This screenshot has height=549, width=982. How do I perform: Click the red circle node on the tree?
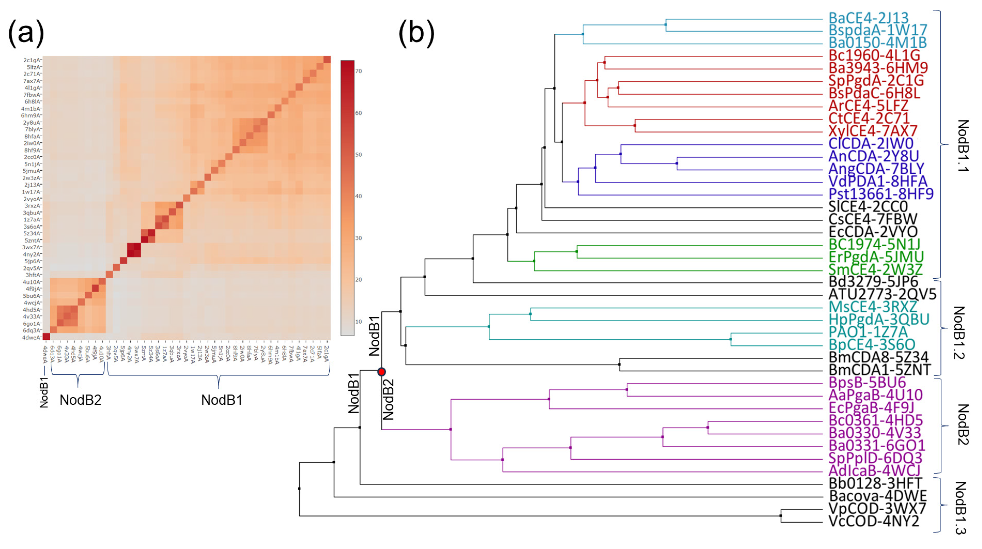point(381,372)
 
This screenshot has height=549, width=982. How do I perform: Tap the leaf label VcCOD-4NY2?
point(874,521)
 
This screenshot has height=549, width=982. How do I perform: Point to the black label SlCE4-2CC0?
point(868,207)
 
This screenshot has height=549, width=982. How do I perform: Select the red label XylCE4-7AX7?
point(873,131)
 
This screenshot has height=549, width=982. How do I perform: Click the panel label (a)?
point(26,32)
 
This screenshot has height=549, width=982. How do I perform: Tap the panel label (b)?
point(416,32)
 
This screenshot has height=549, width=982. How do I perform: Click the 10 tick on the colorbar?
point(358,322)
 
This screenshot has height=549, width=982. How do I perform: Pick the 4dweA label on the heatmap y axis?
point(31,337)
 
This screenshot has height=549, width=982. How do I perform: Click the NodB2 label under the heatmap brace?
point(80,400)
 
